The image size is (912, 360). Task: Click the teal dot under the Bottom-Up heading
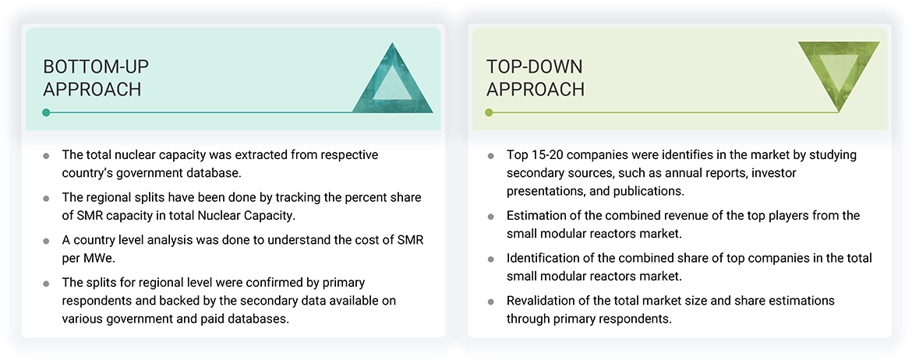click(47, 113)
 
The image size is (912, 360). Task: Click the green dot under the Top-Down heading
click(490, 113)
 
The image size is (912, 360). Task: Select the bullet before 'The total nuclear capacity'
click(47, 156)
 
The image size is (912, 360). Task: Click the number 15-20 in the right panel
click(551, 155)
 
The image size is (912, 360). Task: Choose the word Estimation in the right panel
click(536, 216)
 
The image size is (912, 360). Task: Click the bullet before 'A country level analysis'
click(47, 241)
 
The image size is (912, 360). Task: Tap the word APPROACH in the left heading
click(92, 90)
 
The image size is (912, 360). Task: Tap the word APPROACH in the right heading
click(535, 90)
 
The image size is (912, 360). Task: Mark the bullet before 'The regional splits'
click(47, 198)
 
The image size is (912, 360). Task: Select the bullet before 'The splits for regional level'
click(47, 283)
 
